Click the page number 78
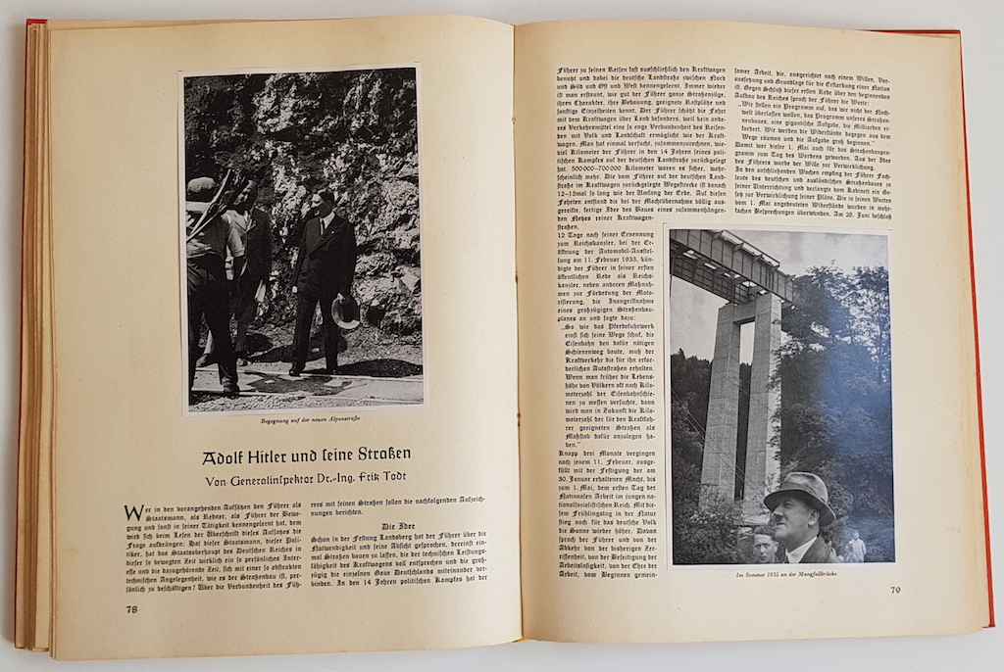tap(131, 608)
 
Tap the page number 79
tap(894, 590)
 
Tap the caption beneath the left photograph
tap(304, 421)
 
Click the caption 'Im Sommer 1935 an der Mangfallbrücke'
tap(781, 574)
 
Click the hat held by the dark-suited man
tap(345, 311)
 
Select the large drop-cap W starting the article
tap(133, 511)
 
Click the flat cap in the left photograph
tap(200, 187)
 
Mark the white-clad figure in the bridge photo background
tap(856, 546)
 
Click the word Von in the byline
tap(220, 481)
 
